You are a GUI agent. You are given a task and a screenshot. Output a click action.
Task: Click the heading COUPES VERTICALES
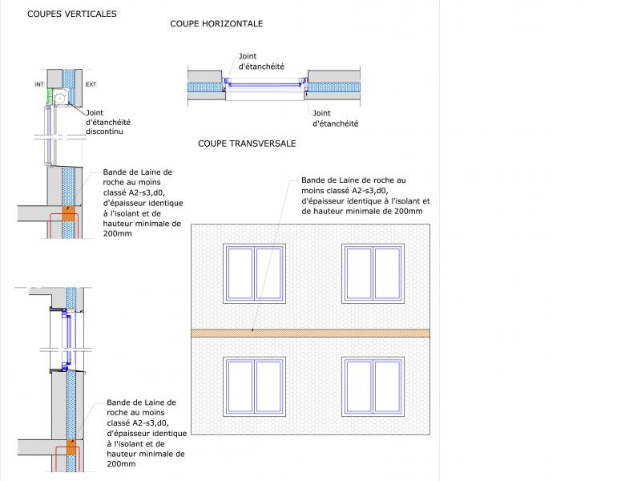71,14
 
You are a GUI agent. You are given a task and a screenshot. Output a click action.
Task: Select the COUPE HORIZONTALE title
216,24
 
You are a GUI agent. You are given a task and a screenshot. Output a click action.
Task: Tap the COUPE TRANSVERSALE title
247,143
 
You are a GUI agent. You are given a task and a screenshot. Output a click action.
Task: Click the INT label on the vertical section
39,83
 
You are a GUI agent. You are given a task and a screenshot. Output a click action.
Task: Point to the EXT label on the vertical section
91,83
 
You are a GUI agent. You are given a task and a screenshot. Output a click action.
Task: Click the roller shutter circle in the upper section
58,96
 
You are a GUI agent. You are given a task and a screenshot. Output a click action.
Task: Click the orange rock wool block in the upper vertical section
69,215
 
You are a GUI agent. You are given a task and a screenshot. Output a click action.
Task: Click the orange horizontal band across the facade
310,333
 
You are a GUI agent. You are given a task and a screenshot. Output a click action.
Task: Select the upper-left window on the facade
254,274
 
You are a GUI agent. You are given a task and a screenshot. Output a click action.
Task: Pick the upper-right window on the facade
372,274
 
